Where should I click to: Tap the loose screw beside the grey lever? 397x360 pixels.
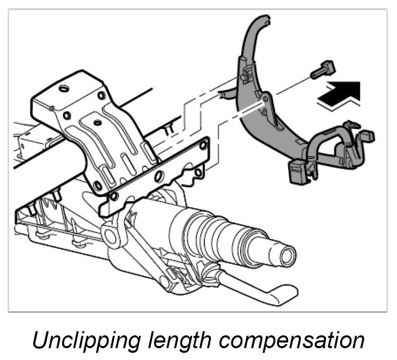pyautogui.click(x=323, y=69)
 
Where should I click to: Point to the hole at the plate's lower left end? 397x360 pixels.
pyautogui.click(x=114, y=196)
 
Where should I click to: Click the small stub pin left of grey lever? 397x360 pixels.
pyautogui.click(x=223, y=94)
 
